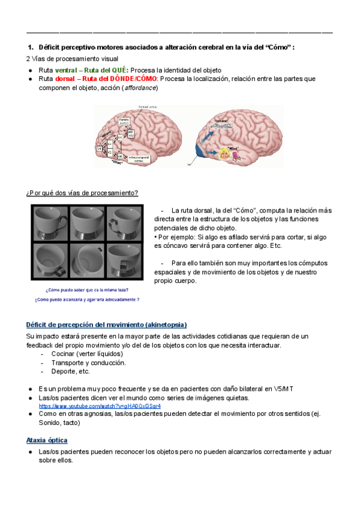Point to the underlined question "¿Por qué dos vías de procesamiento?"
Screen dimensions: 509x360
(82, 193)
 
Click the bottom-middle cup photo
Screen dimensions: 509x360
(87, 260)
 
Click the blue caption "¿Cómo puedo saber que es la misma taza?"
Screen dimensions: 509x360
(88, 290)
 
